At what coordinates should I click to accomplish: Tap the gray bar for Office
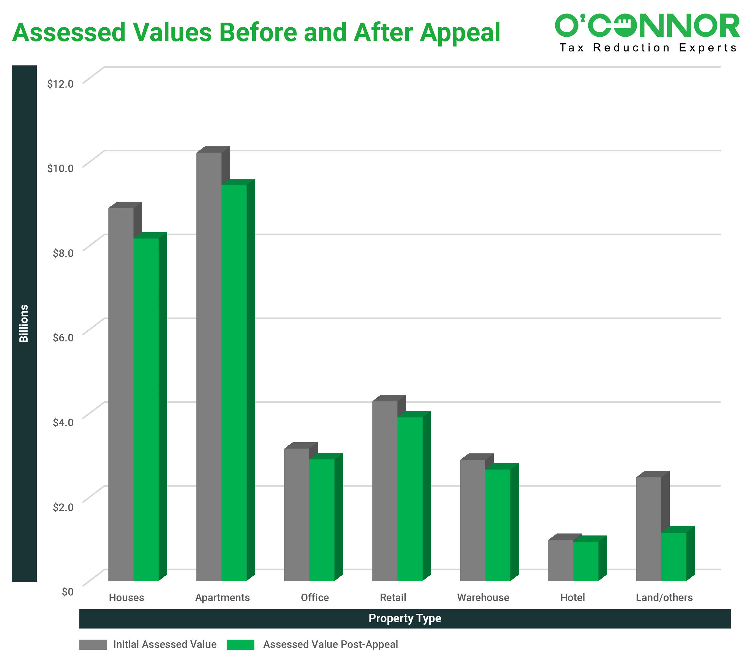(297, 514)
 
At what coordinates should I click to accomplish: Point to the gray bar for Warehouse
(472, 520)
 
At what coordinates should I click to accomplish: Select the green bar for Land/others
(674, 556)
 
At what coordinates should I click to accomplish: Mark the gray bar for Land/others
(648, 529)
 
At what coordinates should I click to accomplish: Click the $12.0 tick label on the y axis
(60, 84)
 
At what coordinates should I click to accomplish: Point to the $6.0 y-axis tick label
(63, 337)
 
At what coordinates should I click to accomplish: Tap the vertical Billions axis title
(24, 323)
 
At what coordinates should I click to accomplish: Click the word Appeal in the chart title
(460, 32)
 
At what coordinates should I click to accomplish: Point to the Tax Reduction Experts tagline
(648, 48)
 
